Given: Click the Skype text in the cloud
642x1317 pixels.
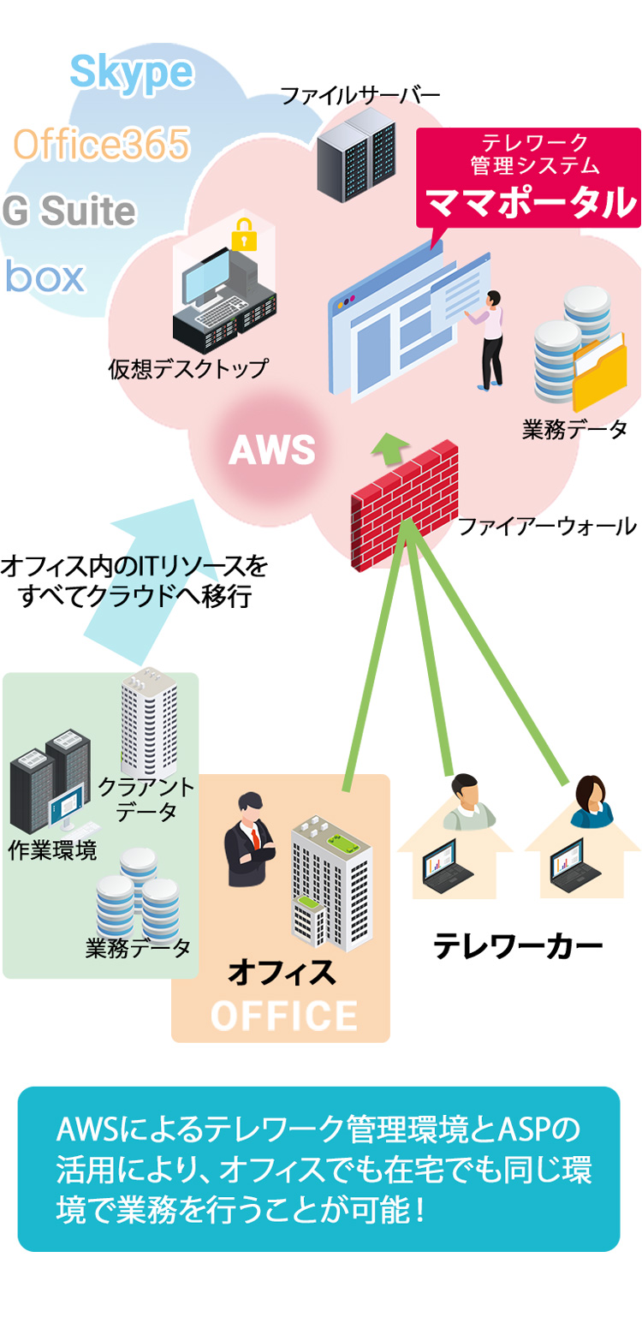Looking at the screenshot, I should (131, 73).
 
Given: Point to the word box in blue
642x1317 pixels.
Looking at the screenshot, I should (45, 276).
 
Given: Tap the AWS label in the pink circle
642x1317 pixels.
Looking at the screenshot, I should (272, 449).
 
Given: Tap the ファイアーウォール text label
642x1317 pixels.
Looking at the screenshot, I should (546, 525).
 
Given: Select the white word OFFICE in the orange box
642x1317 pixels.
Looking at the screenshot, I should (283, 1016).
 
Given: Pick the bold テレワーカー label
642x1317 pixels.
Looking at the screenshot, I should (517, 946).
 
